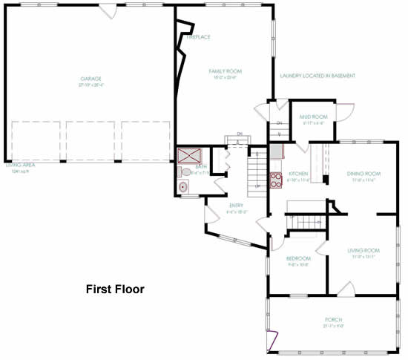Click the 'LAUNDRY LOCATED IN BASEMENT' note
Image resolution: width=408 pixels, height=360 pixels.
(x=317, y=76)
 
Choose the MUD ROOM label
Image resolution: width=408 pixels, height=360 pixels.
(x=313, y=117)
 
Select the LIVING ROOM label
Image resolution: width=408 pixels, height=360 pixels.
(x=363, y=250)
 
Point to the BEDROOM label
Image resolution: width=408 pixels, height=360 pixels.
(x=297, y=258)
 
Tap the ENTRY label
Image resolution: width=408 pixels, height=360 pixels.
(x=236, y=206)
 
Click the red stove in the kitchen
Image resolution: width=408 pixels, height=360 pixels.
(x=274, y=178)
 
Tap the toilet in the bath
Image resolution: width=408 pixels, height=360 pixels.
(x=185, y=172)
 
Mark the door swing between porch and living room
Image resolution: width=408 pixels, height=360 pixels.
(x=346, y=289)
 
